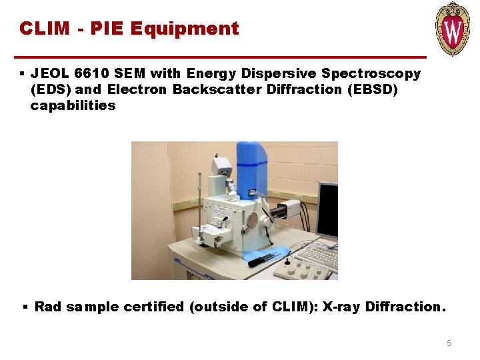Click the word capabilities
[x=73, y=105]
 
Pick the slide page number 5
[x=449, y=343]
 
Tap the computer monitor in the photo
[x=327, y=209]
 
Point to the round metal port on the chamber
[x=251, y=219]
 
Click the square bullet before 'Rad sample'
[x=25, y=307]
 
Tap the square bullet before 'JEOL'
[x=22, y=73]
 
